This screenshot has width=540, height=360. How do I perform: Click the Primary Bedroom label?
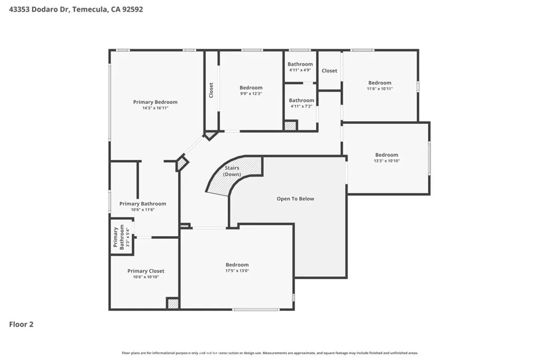156,102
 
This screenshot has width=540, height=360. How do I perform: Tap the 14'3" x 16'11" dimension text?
156,108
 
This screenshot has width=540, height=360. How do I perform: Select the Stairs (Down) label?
232,171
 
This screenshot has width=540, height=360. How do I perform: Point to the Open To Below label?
295,199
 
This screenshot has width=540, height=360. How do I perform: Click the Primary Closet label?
146,271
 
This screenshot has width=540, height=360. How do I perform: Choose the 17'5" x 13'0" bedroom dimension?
237,270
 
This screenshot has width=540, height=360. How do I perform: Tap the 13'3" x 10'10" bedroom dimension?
387,161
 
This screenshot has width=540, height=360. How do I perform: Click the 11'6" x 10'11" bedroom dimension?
380,89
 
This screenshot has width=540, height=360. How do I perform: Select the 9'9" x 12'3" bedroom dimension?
251,94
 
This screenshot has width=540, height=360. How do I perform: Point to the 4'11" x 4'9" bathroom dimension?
300,70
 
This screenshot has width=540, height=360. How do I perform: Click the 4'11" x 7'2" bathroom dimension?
301,106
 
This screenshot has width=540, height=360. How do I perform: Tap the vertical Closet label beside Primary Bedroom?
211,90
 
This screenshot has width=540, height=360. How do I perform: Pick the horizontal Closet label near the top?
330,71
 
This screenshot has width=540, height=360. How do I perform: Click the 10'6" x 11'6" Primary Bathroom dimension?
142,210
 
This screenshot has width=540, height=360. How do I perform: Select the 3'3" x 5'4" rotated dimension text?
128,237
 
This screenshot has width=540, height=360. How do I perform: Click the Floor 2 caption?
21,324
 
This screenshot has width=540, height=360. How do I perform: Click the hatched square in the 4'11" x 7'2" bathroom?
291,125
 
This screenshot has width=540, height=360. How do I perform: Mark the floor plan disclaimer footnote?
270,353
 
